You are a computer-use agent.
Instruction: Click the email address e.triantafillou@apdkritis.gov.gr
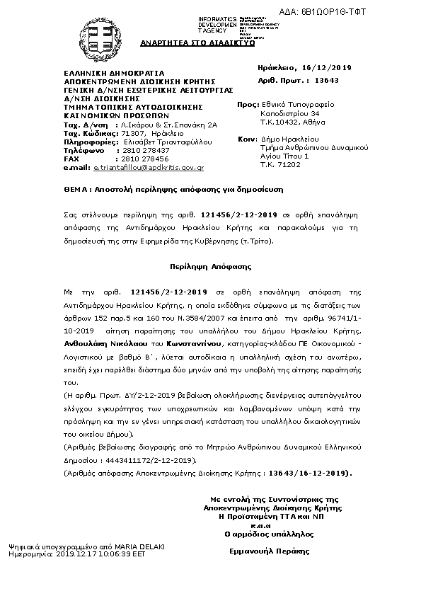(x=149, y=168)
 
